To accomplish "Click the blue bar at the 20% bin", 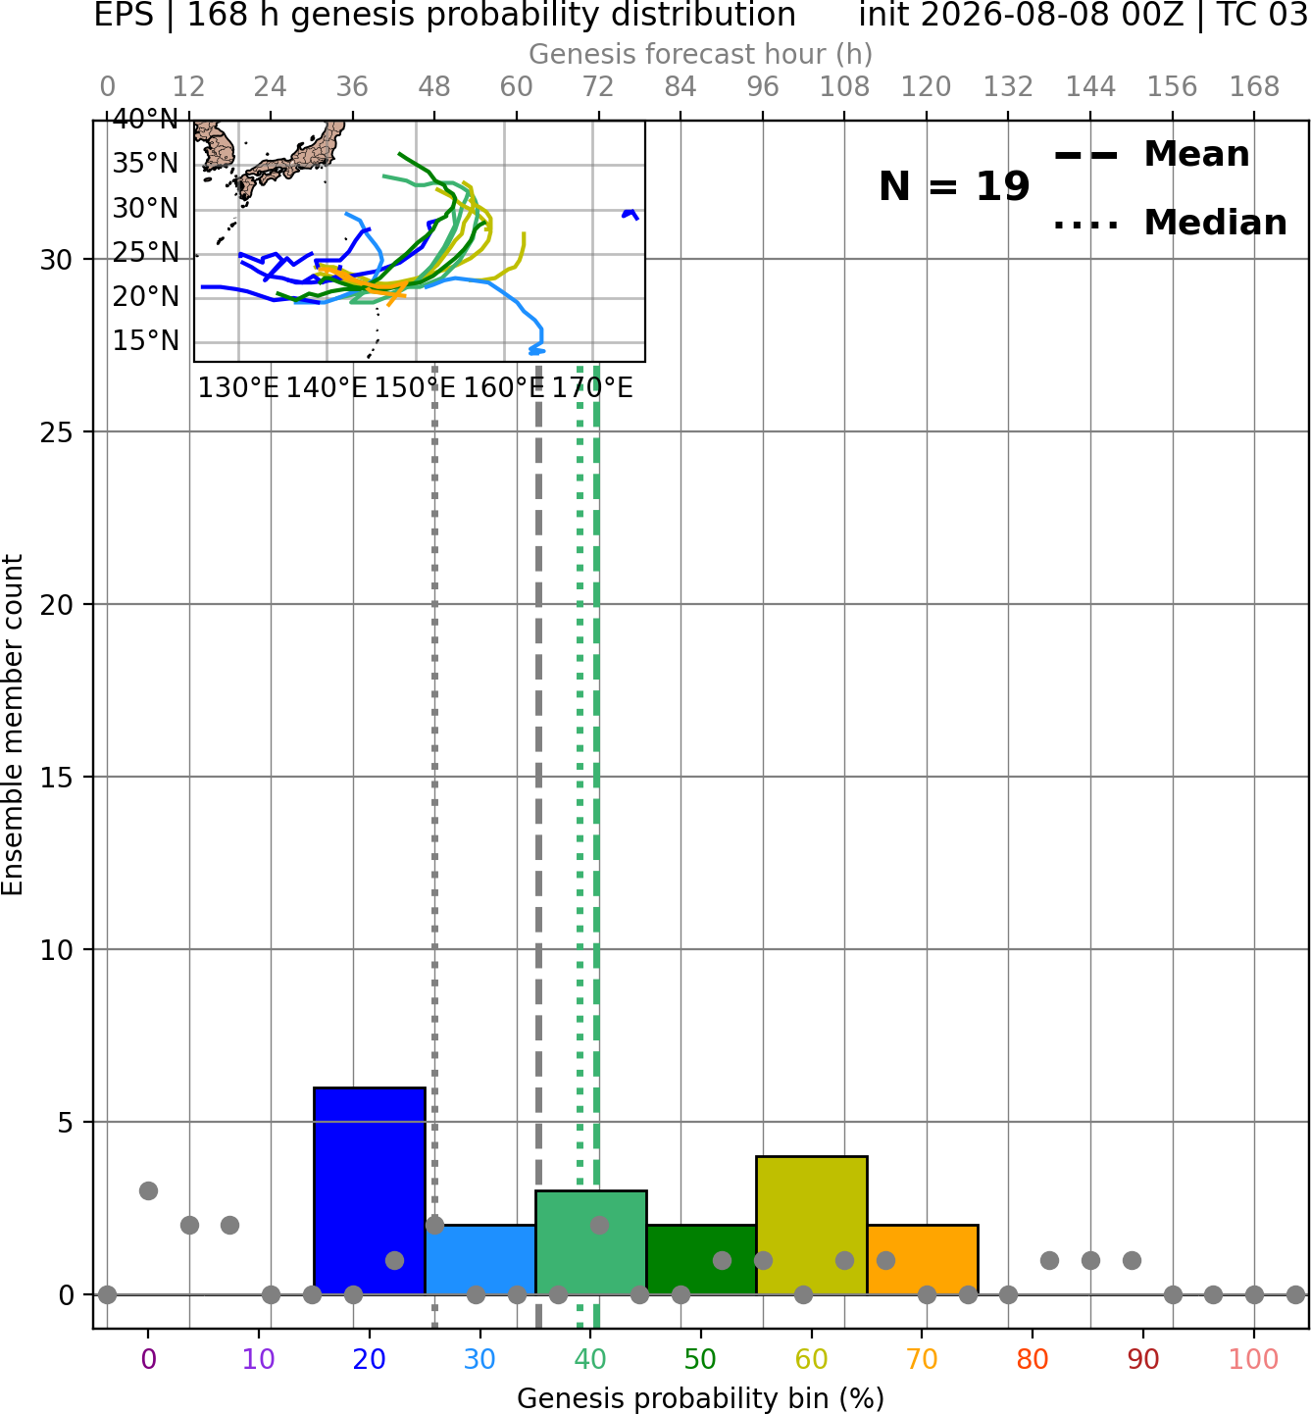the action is click(370, 1190).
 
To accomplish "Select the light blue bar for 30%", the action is click(480, 1259).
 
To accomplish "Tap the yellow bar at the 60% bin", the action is click(812, 1226).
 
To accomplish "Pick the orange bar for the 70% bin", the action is click(923, 1259).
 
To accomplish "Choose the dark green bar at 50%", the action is click(701, 1259).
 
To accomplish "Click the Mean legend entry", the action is click(1151, 155).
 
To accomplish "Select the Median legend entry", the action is click(1170, 223).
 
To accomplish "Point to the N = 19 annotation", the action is click(954, 186).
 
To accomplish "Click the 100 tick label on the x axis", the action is click(1254, 1360).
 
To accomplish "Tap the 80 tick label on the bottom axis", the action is click(1033, 1360).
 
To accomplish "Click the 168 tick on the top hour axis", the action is click(1255, 87).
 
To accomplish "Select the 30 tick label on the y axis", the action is click(56, 260).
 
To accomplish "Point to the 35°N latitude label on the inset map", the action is click(145, 164).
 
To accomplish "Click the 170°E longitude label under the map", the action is click(592, 388).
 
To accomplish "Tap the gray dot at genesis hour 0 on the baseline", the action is click(107, 1294).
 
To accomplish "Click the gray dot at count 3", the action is click(148, 1190).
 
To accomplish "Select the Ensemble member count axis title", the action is click(12, 725).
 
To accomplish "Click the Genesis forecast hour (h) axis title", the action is click(701, 54).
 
